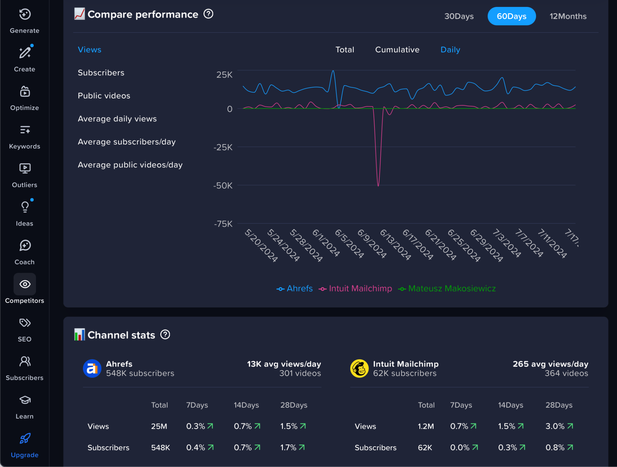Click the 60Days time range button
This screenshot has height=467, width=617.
511,16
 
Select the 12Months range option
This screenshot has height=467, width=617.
568,16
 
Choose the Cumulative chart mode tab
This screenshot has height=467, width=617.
397,50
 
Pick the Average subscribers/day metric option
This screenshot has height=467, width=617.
127,142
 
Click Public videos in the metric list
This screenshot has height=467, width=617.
104,96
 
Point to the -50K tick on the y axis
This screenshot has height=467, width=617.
223,185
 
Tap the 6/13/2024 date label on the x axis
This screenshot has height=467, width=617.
395,244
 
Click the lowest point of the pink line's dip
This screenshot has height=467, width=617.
378,185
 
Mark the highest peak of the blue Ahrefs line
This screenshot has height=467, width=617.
333,71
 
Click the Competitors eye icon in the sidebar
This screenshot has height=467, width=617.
25,284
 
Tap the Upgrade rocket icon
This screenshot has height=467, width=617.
25,438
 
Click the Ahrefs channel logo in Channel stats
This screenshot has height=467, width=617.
92,368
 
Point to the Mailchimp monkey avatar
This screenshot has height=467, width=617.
359,368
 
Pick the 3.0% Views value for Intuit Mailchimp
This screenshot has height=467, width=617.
555,426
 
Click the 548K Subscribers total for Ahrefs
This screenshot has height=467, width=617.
160,448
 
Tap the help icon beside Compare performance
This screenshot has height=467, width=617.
208,14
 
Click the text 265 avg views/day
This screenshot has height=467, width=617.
550,364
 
